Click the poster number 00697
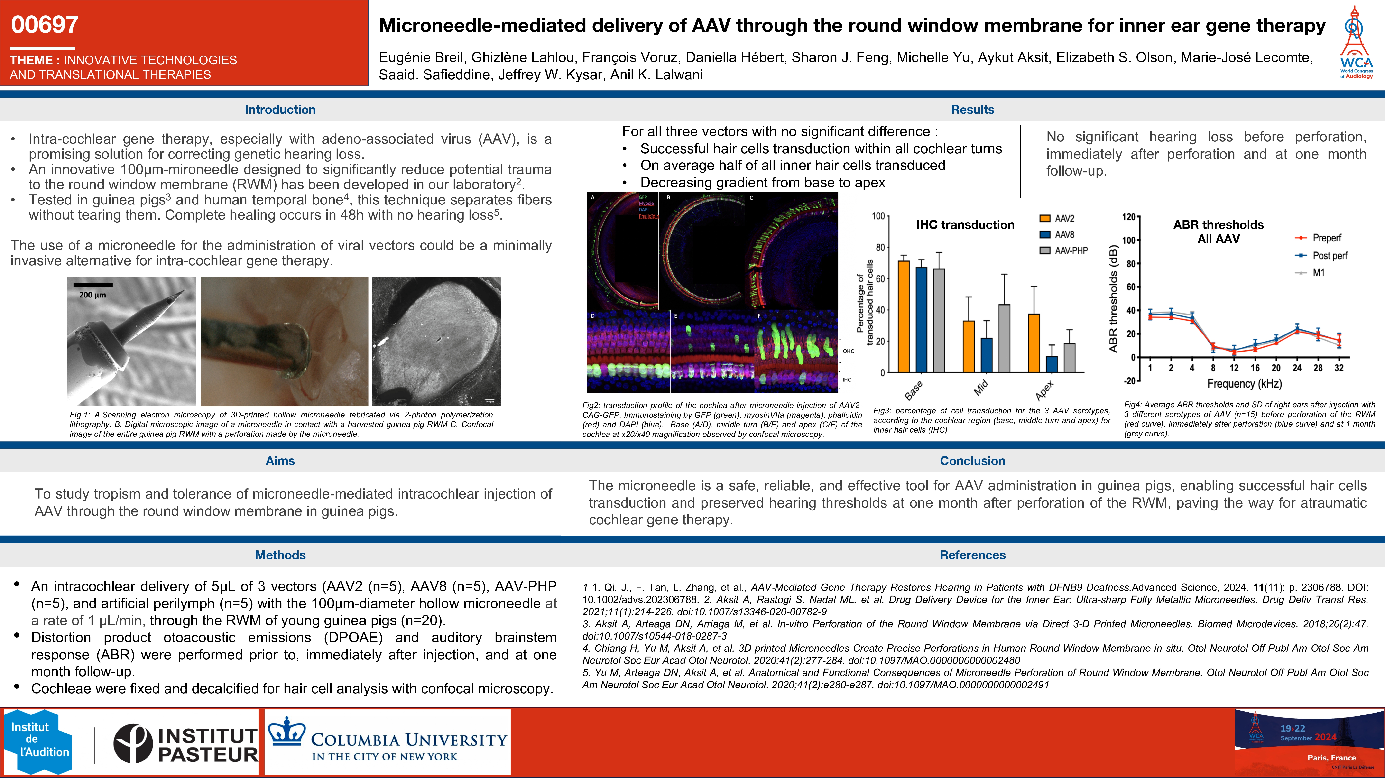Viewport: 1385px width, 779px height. [x=45, y=25]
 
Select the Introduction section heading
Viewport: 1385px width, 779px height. [x=280, y=110]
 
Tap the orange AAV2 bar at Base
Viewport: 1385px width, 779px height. [x=904, y=317]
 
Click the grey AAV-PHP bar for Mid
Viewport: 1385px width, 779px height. [x=1004, y=339]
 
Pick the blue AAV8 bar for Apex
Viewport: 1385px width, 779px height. [x=1052, y=364]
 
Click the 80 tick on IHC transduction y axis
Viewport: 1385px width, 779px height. [x=880, y=247]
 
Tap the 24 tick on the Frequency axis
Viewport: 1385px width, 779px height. [x=1297, y=368]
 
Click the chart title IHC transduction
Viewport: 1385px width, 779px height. [x=965, y=225]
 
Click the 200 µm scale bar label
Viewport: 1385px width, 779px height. [x=92, y=295]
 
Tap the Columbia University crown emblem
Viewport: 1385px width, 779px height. [x=286, y=732]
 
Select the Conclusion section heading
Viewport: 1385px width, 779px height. [x=972, y=461]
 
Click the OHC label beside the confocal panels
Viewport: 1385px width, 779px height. [x=848, y=351]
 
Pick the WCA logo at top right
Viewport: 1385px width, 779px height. [x=1356, y=43]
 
